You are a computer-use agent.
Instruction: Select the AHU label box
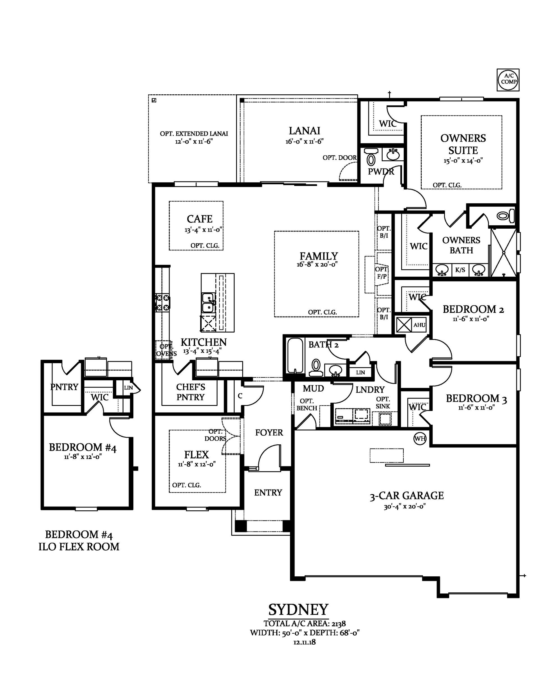click(419, 325)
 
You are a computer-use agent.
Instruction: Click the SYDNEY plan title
click(298, 610)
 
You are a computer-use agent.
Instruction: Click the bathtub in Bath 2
click(294, 355)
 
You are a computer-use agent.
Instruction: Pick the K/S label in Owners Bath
click(460, 270)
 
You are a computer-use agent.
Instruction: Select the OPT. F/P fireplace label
click(382, 273)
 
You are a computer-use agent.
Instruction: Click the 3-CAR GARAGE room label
click(407, 496)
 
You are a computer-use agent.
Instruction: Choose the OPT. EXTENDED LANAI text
click(194, 134)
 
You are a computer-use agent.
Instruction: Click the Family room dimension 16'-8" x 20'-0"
click(317, 265)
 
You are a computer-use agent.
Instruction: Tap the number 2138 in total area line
click(339, 623)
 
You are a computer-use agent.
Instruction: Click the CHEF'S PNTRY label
click(190, 392)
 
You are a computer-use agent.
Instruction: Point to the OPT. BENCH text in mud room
click(307, 404)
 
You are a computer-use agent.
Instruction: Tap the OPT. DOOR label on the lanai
click(340, 158)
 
